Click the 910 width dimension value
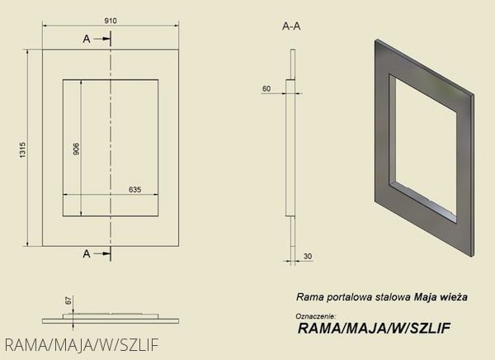[111, 21]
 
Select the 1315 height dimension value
[23, 150]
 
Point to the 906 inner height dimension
[76, 149]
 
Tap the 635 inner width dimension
[134, 190]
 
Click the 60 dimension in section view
[266, 89]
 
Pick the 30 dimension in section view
[308, 256]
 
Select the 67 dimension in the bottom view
[68, 301]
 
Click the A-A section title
[291, 26]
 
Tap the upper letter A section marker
[87, 39]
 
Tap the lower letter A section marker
[87, 253]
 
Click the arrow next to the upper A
[102, 39]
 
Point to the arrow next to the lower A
[102, 253]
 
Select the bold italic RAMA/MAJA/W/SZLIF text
[374, 329]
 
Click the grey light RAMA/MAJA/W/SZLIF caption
[82, 345]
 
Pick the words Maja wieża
[441, 297]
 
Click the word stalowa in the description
[394, 297]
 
